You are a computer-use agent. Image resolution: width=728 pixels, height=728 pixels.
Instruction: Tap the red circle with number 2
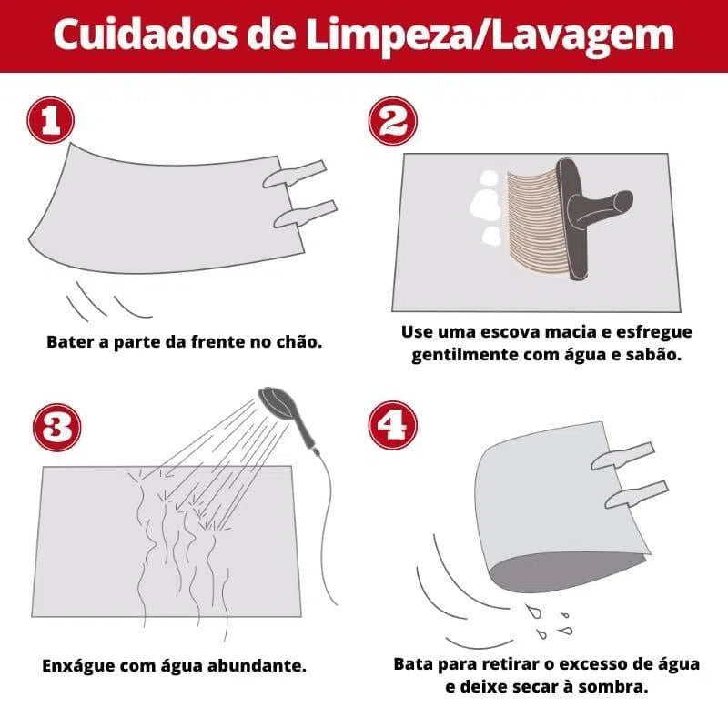pyautogui.click(x=392, y=122)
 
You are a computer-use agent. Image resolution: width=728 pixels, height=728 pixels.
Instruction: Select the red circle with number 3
pyautogui.click(x=56, y=427)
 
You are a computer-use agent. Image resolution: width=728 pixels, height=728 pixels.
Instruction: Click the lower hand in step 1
pyautogui.click(x=304, y=215)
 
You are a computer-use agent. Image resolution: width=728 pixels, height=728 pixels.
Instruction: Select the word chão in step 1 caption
pyautogui.click(x=298, y=343)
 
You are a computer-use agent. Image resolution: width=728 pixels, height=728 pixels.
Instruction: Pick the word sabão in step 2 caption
pyautogui.click(x=652, y=355)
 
